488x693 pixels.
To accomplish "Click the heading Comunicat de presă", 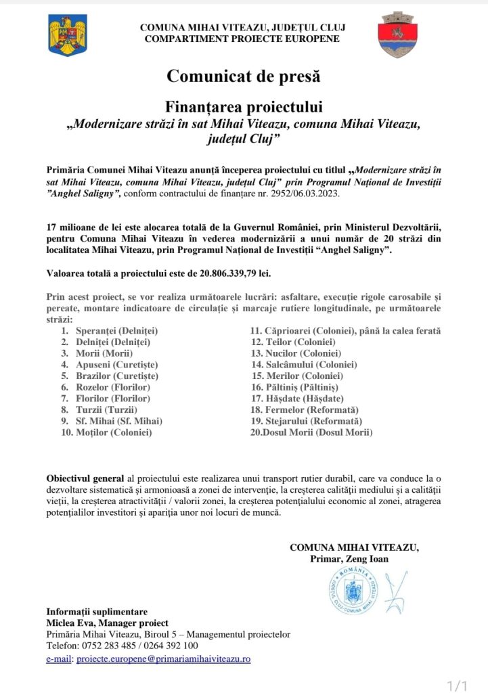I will [244, 76].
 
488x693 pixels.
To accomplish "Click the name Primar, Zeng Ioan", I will [349, 559].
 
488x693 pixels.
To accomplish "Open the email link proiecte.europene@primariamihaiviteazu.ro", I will [164, 658].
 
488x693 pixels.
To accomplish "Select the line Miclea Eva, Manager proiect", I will [107, 623].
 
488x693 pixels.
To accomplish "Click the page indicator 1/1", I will [458, 685].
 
